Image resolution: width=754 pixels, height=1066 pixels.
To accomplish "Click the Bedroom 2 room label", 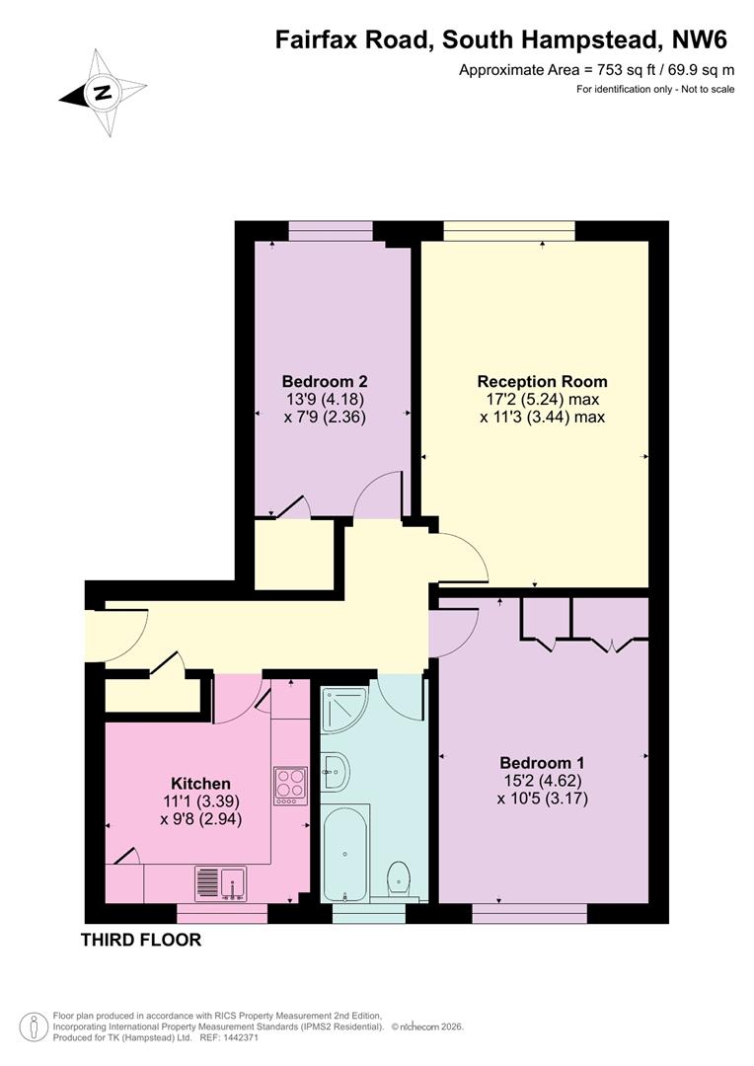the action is (x=325, y=381).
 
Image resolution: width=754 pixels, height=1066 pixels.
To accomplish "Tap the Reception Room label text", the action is (x=542, y=381).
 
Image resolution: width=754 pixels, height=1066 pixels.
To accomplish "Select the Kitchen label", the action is (x=200, y=783).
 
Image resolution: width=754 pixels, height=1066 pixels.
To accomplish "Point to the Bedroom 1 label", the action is (x=542, y=763).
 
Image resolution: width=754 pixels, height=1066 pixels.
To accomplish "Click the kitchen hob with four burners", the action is (x=290, y=786).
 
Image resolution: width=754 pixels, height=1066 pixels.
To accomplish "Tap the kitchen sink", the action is (x=221, y=883).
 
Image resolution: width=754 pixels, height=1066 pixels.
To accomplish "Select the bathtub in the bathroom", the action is (x=345, y=853).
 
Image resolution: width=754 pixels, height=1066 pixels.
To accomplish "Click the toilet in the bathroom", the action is (x=398, y=879).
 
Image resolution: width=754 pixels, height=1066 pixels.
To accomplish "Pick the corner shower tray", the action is (x=343, y=710).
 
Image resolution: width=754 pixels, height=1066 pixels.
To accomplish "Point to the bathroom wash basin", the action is (x=335, y=772).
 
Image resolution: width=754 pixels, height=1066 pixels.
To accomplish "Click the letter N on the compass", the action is (x=103, y=93).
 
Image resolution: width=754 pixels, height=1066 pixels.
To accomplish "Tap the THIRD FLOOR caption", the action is (x=141, y=941).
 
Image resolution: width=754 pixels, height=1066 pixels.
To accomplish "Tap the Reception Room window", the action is (x=509, y=230).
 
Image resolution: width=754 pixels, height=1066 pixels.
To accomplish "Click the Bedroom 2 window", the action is (x=331, y=230).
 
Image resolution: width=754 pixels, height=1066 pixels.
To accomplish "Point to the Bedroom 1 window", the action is (x=530, y=913).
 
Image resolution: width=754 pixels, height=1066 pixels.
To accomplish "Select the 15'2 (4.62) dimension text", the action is (x=542, y=781).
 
